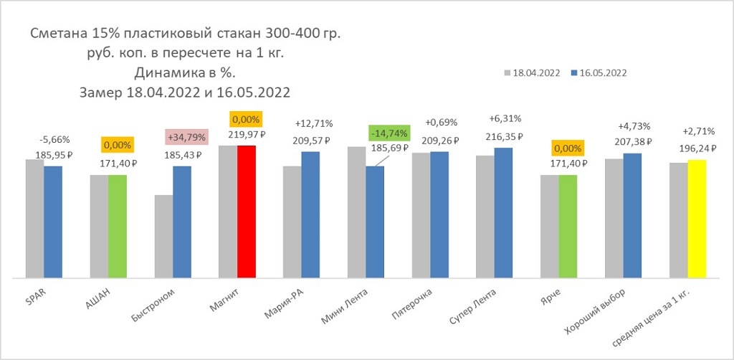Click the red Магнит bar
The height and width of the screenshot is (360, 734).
click(x=247, y=211)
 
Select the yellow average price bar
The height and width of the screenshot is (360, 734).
click(x=697, y=218)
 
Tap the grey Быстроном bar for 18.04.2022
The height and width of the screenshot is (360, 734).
click(x=163, y=236)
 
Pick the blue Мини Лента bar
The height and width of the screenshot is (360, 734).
click(x=375, y=222)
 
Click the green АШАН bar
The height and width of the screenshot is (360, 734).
click(x=118, y=226)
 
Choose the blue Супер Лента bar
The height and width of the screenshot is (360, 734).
click(x=504, y=212)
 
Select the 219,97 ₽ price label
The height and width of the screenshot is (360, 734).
click(x=247, y=134)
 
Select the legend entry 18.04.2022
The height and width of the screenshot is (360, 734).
click(x=532, y=73)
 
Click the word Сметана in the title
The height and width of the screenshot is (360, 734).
click(x=57, y=34)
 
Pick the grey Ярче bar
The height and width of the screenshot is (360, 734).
click(x=550, y=226)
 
